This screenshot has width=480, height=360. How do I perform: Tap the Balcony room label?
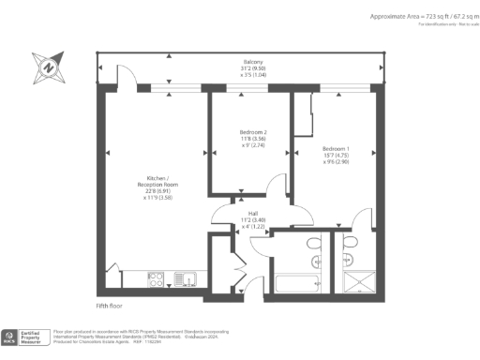pos(247,61)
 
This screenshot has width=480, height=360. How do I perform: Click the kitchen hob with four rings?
pos(157,277)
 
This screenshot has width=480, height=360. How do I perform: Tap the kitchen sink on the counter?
pos(185,277)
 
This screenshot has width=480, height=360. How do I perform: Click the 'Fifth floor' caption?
pos(110,305)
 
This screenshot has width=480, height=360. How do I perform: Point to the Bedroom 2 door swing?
pos(276,185)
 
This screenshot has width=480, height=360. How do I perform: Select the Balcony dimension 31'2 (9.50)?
pos(247,67)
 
